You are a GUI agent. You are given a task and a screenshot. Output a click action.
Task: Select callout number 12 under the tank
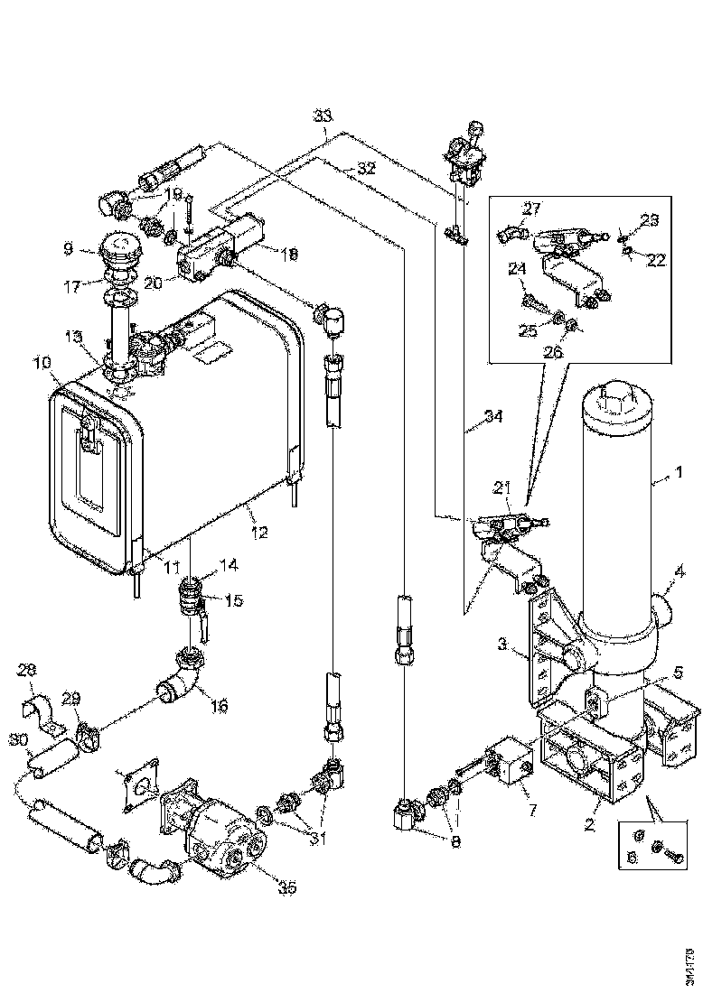point(259,534)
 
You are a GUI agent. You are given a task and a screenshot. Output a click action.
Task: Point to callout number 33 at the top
point(323,116)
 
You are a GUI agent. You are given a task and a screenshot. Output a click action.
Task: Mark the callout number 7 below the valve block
point(530,810)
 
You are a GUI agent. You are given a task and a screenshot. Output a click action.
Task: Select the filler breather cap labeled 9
point(117,251)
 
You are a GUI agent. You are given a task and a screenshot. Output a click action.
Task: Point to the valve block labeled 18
point(226,244)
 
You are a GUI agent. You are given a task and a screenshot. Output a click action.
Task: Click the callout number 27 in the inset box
point(531,209)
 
